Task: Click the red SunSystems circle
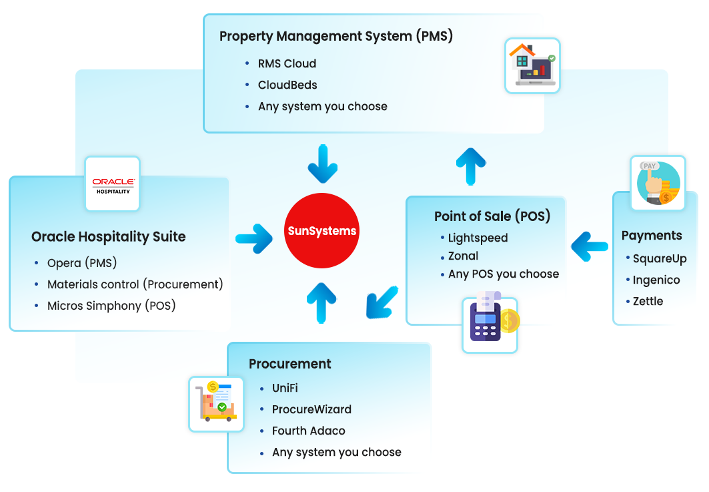tap(321, 231)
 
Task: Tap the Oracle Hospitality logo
tap(113, 184)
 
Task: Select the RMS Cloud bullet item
tap(287, 64)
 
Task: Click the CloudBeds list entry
tap(287, 85)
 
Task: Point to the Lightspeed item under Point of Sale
tap(478, 238)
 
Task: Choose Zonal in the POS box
tap(463, 256)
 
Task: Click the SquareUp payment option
tap(659, 259)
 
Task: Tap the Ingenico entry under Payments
tap(656, 280)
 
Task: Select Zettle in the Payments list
tap(648, 302)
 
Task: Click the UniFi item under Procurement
tap(285, 389)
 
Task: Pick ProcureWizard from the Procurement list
tap(311, 410)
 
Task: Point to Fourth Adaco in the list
tap(308, 431)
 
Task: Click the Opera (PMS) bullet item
tap(82, 263)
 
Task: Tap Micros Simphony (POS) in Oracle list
tap(111, 306)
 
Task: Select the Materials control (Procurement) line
tap(135, 284)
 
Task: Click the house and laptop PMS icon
tap(532, 65)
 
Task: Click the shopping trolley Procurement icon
tap(215, 403)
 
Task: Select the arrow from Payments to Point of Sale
tap(590, 245)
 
